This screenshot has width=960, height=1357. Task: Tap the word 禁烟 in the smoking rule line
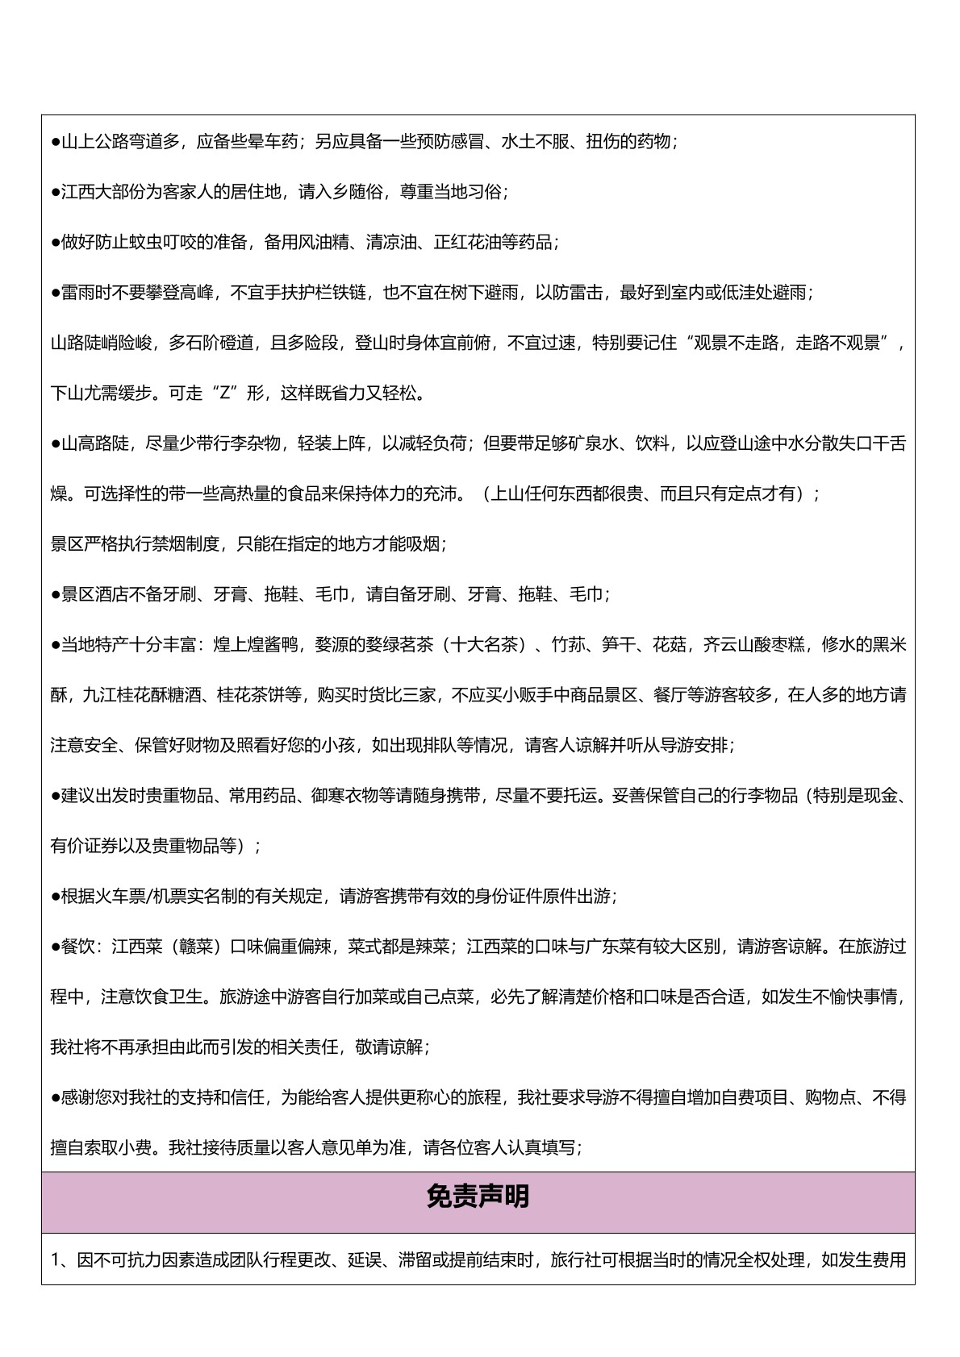169,544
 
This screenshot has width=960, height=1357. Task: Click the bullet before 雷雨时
56,293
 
